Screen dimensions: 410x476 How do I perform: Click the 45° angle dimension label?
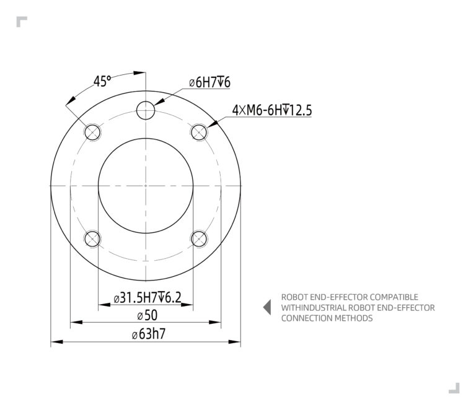click(x=102, y=81)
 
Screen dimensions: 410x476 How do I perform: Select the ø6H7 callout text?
click(x=209, y=82)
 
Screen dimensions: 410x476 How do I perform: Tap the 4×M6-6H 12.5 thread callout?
click(x=271, y=110)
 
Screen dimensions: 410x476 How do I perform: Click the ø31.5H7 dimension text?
click(x=148, y=298)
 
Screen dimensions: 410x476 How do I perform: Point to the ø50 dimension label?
click(x=147, y=315)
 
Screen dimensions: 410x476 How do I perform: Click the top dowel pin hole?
click(x=146, y=110)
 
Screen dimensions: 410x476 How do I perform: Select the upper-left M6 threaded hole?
click(x=93, y=132)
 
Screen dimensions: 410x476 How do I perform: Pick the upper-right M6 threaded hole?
click(x=199, y=132)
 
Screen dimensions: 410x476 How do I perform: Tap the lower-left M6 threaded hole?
click(x=93, y=238)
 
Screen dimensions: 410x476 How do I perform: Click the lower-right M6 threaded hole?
click(x=199, y=238)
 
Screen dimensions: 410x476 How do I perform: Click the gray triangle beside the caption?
click(x=267, y=307)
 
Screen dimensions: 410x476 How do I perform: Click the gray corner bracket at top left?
click(x=22, y=22)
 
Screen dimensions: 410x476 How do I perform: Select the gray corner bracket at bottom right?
click(x=454, y=388)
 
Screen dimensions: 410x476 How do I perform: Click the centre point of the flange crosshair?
click(x=146, y=185)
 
